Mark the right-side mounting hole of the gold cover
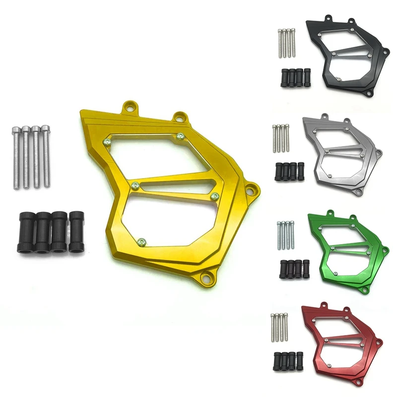click(254, 188)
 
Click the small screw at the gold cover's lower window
click(142, 242)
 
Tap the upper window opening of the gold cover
click(149, 154)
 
